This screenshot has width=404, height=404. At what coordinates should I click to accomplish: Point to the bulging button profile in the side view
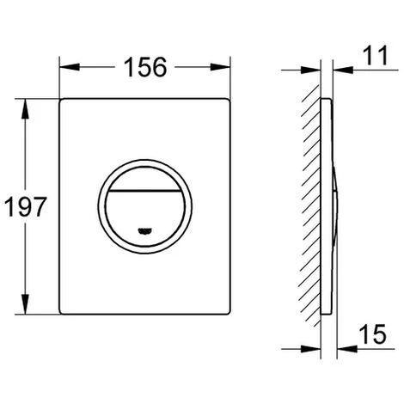coord(335,206)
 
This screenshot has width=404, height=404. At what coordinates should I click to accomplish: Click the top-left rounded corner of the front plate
coord(65,104)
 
